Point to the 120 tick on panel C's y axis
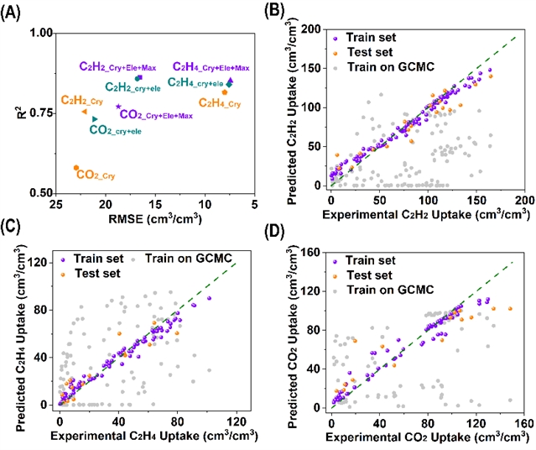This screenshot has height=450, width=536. pyautogui.click(x=37, y=263)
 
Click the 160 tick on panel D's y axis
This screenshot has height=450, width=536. pyautogui.click(x=312, y=251)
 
